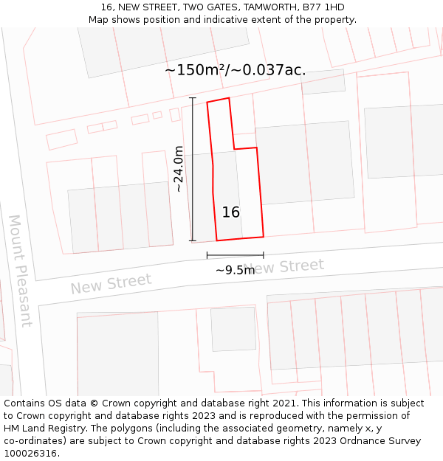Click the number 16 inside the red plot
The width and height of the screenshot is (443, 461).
[x=230, y=212]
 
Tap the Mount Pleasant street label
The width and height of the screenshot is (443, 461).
[x=20, y=270]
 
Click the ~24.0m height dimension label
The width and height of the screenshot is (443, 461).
[x=178, y=169]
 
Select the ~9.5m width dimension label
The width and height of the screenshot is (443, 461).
[x=235, y=270]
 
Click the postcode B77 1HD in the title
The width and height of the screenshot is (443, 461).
[x=323, y=7]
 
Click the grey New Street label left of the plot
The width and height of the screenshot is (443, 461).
[x=111, y=283]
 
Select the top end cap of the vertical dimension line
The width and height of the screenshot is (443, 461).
[x=193, y=98]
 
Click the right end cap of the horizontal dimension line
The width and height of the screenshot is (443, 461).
[x=263, y=255]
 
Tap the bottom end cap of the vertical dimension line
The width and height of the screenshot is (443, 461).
[x=193, y=240]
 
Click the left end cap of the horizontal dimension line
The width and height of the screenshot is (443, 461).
[x=207, y=255]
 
